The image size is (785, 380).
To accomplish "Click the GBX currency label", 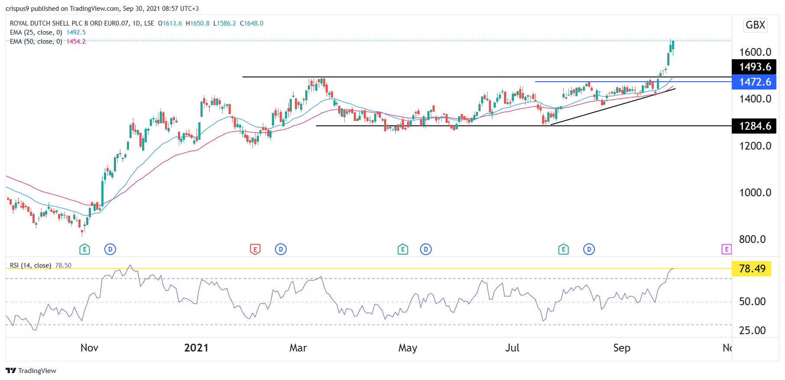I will pyautogui.click(x=755, y=25).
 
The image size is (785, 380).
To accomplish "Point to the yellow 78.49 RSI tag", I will pyautogui.click(x=752, y=268).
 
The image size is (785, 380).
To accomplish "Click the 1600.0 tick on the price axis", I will pyautogui.click(x=755, y=52).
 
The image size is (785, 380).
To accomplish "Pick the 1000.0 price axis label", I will pyautogui.click(x=755, y=192).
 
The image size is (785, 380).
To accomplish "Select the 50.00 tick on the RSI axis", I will pyautogui.click(x=752, y=301).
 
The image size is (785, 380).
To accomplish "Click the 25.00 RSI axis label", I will pyautogui.click(x=752, y=330).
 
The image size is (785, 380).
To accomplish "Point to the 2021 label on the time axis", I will pyautogui.click(x=196, y=348).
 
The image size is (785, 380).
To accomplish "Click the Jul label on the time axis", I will pyautogui.click(x=512, y=348).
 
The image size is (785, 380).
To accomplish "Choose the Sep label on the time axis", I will pyautogui.click(x=621, y=348).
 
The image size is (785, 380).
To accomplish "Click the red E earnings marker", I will pyautogui.click(x=255, y=249).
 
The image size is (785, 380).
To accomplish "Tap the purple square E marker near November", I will pyautogui.click(x=726, y=249).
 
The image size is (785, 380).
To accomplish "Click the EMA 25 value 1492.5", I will pyautogui.click(x=76, y=32).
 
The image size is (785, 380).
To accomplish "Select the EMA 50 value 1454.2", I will pyautogui.click(x=76, y=42).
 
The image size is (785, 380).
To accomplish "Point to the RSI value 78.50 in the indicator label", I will pyautogui.click(x=63, y=265).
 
